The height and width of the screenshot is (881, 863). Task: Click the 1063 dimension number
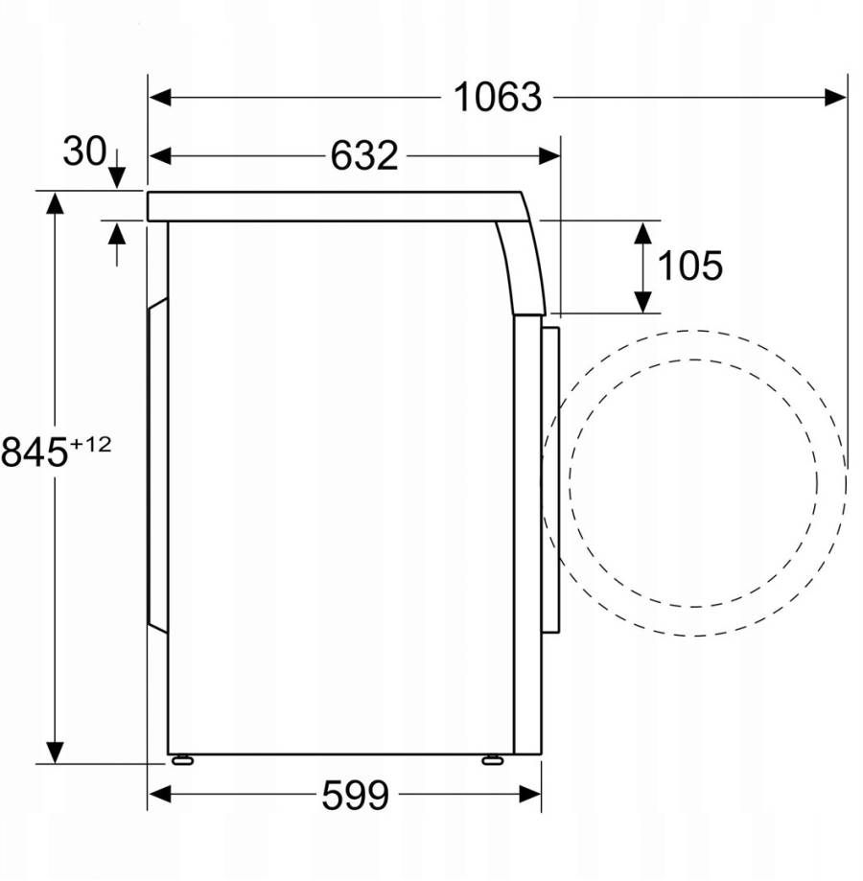click(498, 97)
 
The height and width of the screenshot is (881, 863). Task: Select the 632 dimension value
click(364, 155)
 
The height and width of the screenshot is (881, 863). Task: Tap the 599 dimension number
click(355, 795)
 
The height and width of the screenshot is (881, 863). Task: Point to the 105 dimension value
click(690, 266)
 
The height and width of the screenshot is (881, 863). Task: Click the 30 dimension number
click(84, 151)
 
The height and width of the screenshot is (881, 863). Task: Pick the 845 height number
click(35, 452)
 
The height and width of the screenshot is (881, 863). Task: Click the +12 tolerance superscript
click(90, 445)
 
